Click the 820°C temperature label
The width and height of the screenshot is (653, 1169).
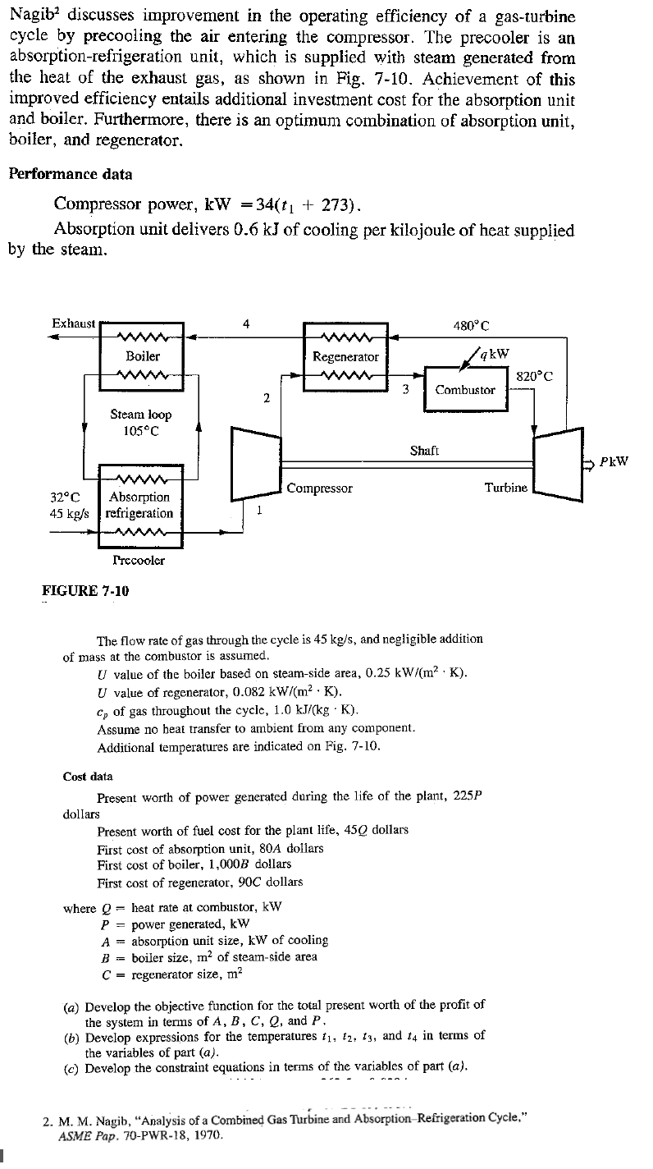pyautogui.click(x=534, y=376)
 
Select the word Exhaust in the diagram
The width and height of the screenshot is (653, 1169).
pyautogui.click(x=74, y=323)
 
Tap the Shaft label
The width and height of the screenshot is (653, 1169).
pyautogui.click(x=425, y=451)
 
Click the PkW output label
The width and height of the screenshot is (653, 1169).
pyautogui.click(x=614, y=461)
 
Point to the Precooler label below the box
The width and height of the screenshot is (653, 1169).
pyautogui.click(x=139, y=561)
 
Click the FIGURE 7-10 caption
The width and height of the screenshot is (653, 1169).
pyautogui.click(x=85, y=591)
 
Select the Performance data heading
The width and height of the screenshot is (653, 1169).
pyautogui.click(x=71, y=174)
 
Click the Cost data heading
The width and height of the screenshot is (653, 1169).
pyautogui.click(x=88, y=776)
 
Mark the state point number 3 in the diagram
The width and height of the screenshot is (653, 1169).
pyautogui.click(x=404, y=389)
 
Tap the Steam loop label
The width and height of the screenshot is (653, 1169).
pyautogui.click(x=141, y=415)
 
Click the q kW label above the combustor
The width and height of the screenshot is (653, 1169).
pyautogui.click(x=495, y=354)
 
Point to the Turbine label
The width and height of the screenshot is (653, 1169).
pyautogui.click(x=506, y=488)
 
